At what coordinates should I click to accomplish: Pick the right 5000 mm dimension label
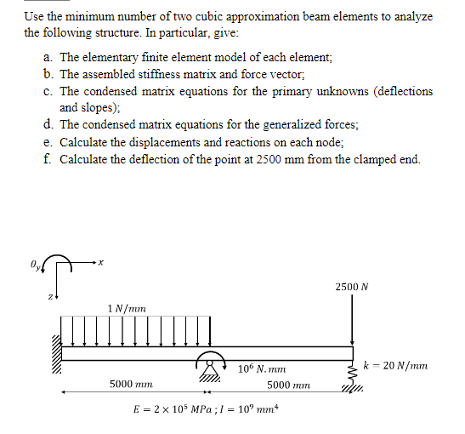(x=288, y=384)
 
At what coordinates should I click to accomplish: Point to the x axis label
(x=99, y=263)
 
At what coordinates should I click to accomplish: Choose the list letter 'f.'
(x=48, y=158)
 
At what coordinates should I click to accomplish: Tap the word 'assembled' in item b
(x=109, y=74)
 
